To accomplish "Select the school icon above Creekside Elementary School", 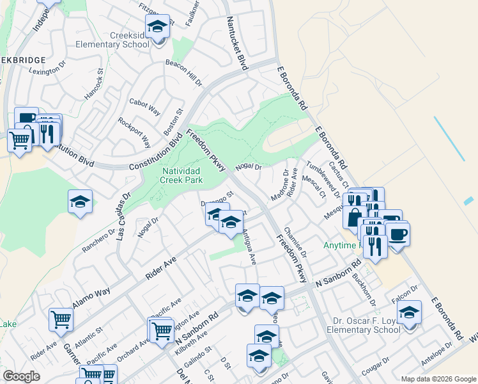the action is tap(157, 28).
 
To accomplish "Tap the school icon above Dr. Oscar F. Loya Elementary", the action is tap(409, 314).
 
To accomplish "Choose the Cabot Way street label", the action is tap(144, 106).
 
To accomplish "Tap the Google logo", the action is tap(21, 376).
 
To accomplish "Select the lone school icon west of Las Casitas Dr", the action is tap(80, 202).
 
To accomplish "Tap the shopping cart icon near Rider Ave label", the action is tap(61, 319).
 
